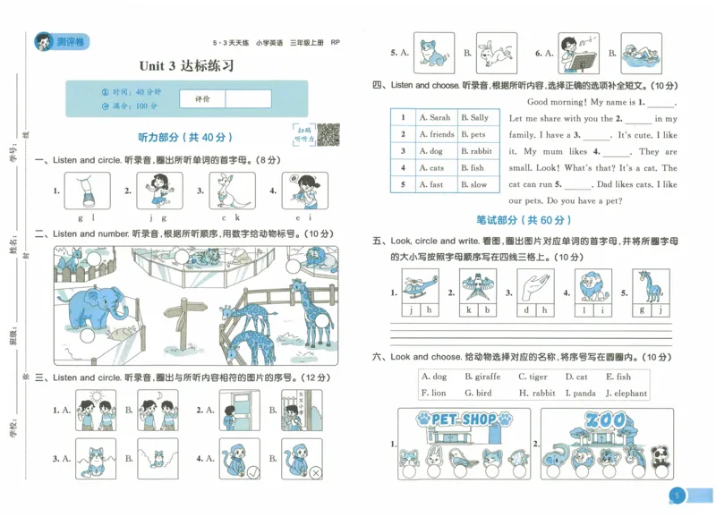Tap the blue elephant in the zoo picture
click(x=94, y=309)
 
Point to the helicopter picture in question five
click(x=420, y=287)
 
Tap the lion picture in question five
click(x=591, y=287)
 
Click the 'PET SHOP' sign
click(x=463, y=419)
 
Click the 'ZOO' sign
click(x=604, y=419)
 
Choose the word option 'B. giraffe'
click(x=482, y=377)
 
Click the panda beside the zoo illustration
click(x=661, y=455)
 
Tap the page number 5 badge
click(x=678, y=496)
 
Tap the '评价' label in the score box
click(x=200, y=99)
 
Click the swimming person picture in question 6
click(x=640, y=55)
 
